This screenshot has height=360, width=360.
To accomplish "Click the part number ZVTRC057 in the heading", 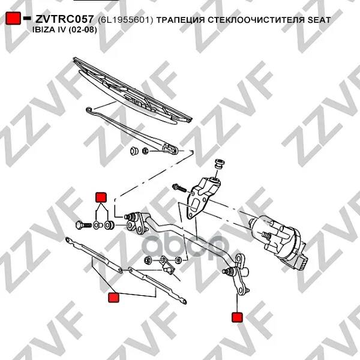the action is click(x=65, y=19).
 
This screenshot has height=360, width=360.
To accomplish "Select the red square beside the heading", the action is click(x=13, y=18).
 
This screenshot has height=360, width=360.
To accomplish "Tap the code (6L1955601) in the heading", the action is click(x=125, y=20).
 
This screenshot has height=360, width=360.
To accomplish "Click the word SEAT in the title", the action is click(x=319, y=20).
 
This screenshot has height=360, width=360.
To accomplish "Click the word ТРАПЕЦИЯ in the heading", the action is click(x=180, y=20).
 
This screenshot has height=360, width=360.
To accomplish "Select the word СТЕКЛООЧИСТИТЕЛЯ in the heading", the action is click(x=256, y=20).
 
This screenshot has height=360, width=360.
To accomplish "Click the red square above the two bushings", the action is click(x=101, y=197).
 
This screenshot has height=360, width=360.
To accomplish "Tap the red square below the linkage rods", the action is click(x=113, y=298).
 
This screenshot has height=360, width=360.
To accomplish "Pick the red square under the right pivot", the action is click(x=237, y=317).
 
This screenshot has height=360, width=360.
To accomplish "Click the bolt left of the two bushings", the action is click(x=83, y=225).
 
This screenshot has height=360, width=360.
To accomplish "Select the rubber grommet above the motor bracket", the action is click(x=219, y=164).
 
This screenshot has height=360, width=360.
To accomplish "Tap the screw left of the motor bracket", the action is click(x=179, y=188).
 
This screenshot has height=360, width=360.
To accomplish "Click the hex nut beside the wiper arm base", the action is click(x=145, y=151).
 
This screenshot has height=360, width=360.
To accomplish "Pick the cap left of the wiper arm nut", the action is click(x=134, y=150).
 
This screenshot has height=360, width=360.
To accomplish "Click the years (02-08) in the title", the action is click(x=83, y=30).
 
